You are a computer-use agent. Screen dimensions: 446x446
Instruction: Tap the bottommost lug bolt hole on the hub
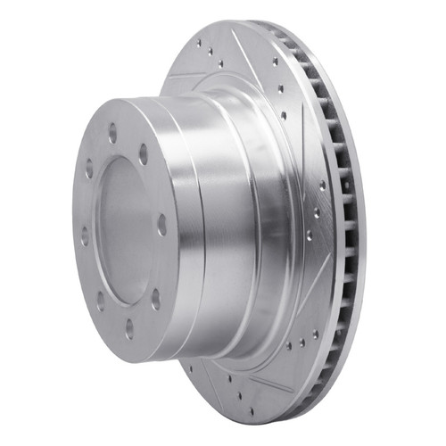coord(130,328)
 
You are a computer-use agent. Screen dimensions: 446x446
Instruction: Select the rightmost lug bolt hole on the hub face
coord(161,225)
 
